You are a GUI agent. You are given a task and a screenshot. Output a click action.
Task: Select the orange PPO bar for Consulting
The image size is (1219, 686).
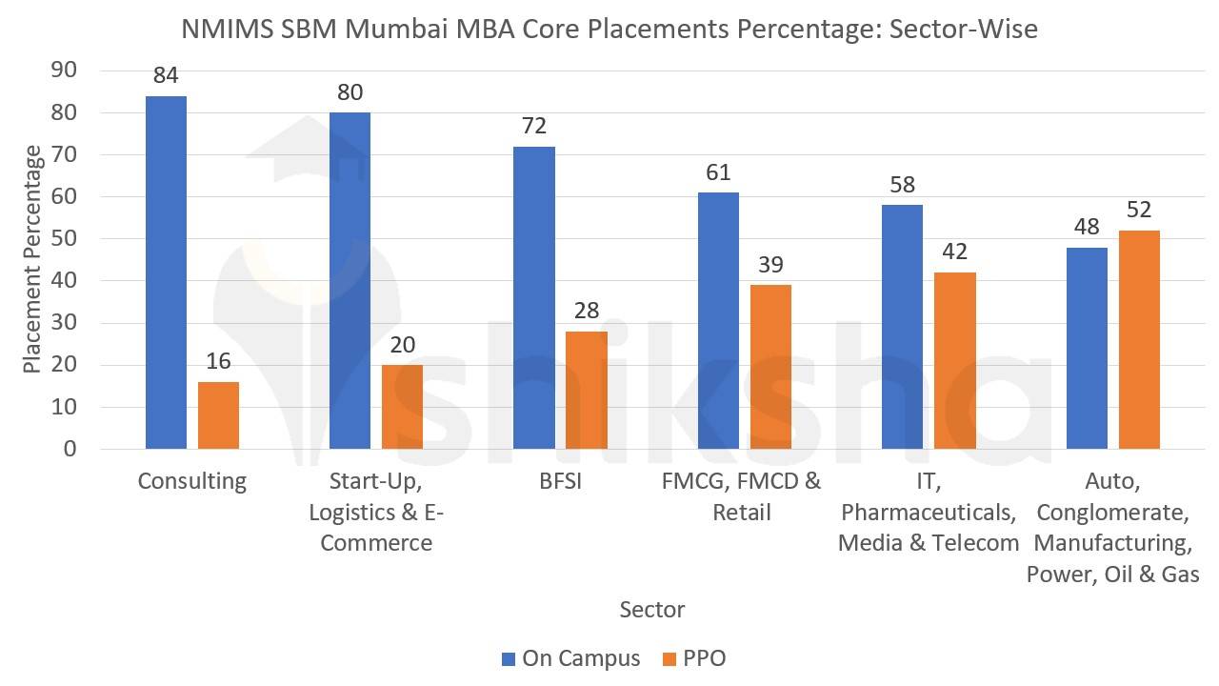click(x=218, y=415)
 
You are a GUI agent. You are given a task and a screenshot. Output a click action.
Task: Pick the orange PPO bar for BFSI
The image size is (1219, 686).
click(x=587, y=390)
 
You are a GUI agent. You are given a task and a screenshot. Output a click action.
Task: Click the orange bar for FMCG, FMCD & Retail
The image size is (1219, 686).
click(x=770, y=367)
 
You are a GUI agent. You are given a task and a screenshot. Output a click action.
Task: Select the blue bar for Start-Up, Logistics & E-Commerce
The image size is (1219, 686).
click(x=350, y=280)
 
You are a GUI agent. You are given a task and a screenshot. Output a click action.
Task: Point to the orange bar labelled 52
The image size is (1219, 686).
click(x=1139, y=339)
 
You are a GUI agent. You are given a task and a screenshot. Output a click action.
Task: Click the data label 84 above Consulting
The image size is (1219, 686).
click(x=166, y=75)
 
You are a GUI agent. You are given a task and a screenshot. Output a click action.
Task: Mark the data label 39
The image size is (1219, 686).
click(x=770, y=265)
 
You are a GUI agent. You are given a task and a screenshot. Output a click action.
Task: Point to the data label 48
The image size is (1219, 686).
click(x=1087, y=227)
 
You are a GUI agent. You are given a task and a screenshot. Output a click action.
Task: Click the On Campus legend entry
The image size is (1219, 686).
click(x=570, y=658)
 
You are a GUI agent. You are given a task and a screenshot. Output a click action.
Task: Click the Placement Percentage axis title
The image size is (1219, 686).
click(x=32, y=259)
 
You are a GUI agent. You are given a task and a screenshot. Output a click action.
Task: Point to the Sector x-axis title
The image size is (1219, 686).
click(x=651, y=609)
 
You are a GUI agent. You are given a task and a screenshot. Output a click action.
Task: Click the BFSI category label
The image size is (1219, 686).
click(x=560, y=481)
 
